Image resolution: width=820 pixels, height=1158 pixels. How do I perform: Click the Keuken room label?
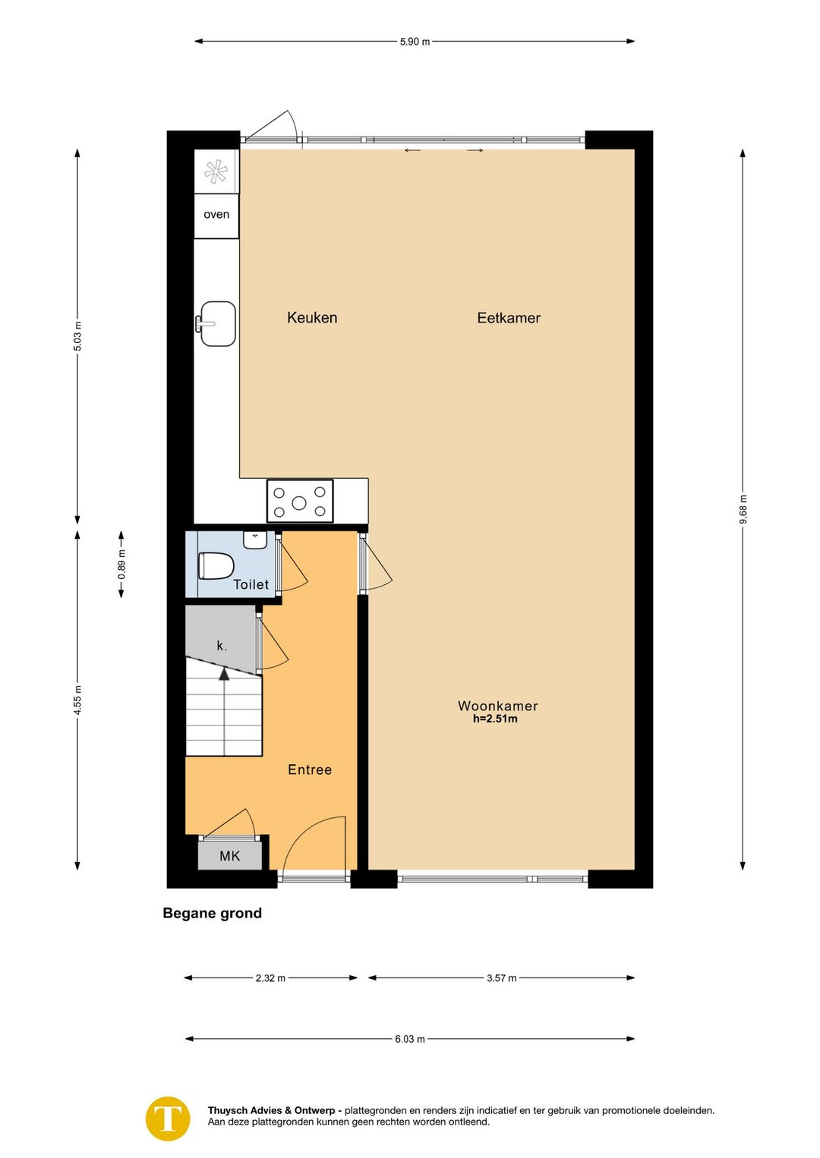point(312,317)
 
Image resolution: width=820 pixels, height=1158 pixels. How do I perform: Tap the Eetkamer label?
point(509,317)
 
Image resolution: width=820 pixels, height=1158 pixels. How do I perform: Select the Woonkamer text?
point(497,706)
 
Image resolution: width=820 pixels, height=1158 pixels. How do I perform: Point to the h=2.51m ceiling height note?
point(495,719)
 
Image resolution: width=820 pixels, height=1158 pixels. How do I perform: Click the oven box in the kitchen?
point(216,216)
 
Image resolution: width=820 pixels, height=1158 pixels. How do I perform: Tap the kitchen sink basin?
point(218,323)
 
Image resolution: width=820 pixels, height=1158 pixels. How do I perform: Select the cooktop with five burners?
point(300,501)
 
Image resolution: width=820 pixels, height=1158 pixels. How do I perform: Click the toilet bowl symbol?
point(216,565)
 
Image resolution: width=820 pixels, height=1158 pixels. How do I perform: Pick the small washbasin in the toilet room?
point(255,540)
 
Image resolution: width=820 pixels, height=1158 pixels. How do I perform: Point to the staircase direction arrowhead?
point(224,674)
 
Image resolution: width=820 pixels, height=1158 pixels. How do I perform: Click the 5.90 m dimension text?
point(415,42)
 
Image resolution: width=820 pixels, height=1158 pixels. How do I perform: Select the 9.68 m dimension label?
point(743,509)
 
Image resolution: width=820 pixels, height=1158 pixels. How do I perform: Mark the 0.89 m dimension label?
point(121,565)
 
